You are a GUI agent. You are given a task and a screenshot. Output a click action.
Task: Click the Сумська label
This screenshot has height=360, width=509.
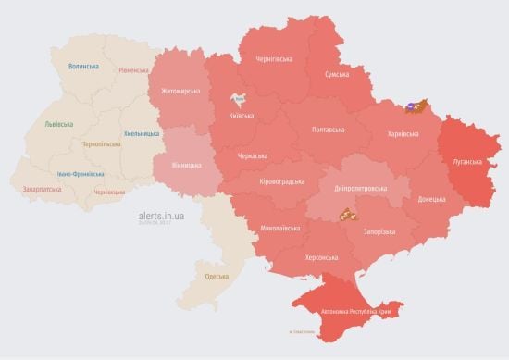point(337,74)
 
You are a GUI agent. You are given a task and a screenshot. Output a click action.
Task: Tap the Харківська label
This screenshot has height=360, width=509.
point(402,134)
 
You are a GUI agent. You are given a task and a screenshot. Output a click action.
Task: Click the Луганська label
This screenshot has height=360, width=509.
point(466,161)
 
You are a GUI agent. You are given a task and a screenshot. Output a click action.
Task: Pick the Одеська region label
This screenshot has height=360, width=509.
point(217,277)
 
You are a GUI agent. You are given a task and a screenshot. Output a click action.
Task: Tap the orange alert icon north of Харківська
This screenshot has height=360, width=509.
point(416,107)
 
